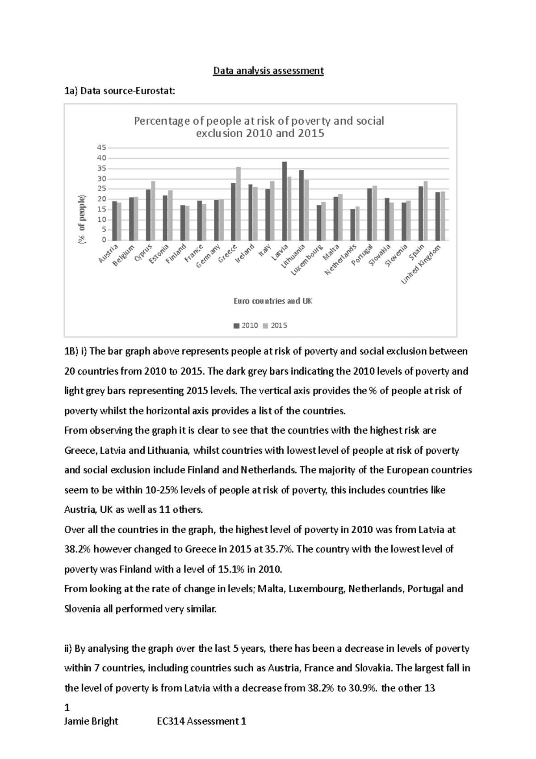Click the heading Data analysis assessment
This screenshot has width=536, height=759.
(268, 71)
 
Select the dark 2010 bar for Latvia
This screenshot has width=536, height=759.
(285, 201)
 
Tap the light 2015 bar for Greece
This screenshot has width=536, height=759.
(239, 204)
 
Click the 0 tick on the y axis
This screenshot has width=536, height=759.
(104, 240)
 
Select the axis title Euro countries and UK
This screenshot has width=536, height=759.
(273, 301)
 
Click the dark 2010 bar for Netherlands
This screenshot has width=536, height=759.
(352, 225)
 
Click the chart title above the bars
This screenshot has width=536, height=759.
(260, 127)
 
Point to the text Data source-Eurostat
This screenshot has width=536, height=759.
(120, 92)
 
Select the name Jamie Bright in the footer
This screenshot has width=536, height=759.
(91, 721)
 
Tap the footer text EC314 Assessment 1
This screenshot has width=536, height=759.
(201, 721)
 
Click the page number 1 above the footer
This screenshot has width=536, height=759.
(67, 708)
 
